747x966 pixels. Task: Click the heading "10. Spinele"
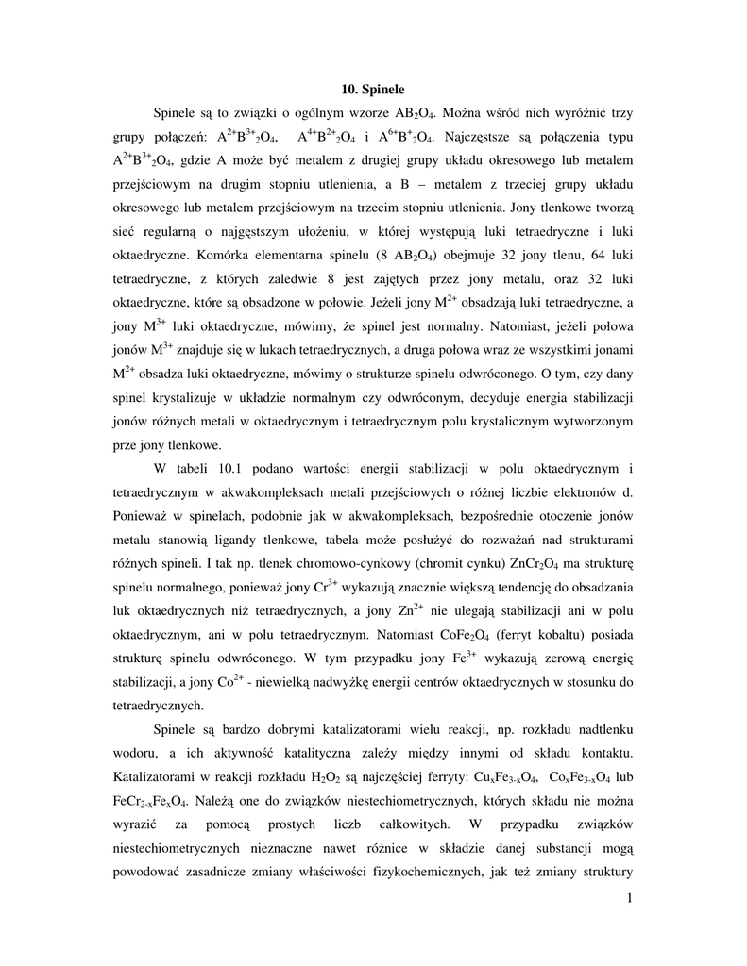372,90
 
